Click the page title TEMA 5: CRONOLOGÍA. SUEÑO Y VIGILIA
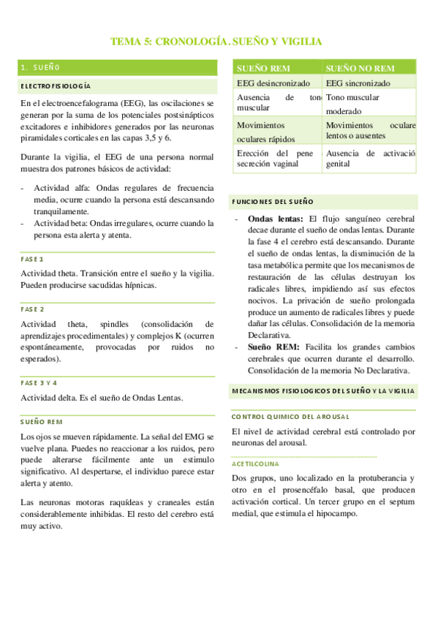pos(216,42)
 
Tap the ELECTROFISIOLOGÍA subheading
pos(56,86)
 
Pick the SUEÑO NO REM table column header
pos(360,68)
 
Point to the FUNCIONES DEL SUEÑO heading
pos(272,200)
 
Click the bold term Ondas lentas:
pos(275,219)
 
